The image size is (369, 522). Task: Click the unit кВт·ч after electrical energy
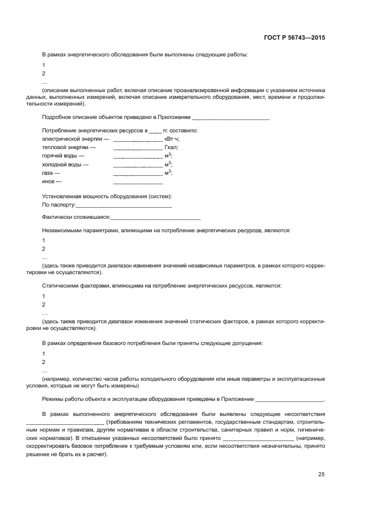(x=172, y=138)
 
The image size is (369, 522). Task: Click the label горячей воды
(x=61, y=156)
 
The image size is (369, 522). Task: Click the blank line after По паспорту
(x=123, y=206)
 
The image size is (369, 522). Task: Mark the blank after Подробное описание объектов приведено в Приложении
(x=230, y=118)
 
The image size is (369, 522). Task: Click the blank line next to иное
(x=138, y=183)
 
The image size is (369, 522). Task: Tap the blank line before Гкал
(x=138, y=147)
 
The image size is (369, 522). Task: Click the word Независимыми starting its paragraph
(x=61, y=230)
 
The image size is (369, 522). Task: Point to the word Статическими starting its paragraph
(x=60, y=286)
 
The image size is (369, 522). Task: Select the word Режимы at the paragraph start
(x=52, y=399)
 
